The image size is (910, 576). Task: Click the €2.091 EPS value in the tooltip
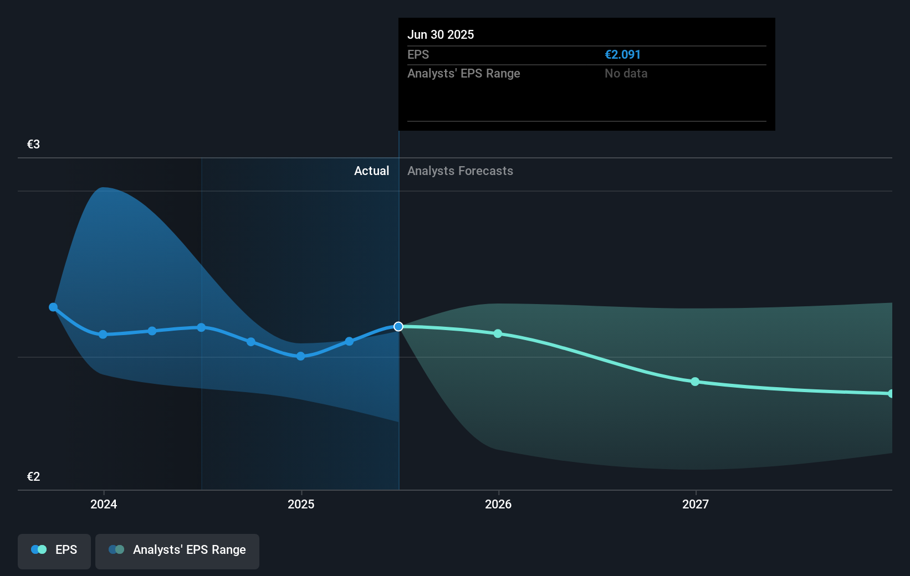pos(622,55)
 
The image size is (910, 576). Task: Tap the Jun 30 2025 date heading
pos(441,35)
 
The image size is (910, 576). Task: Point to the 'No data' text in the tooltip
pos(626,74)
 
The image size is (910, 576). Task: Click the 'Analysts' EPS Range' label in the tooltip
pos(463,74)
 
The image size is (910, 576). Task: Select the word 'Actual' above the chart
pos(371,171)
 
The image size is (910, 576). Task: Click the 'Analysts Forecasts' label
pos(460,171)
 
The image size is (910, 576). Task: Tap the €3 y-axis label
pos(33,145)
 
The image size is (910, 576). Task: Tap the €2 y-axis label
pos(33,477)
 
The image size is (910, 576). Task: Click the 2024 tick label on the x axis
pos(104,505)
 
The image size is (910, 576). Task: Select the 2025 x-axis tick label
pos(301,505)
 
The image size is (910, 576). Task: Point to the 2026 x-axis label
pos(498,505)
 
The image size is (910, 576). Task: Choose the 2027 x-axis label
pos(696,505)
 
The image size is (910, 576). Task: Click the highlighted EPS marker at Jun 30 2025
pos(398,327)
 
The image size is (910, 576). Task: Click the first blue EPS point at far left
pos(53,307)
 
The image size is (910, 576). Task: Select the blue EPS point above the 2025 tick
pos(300,356)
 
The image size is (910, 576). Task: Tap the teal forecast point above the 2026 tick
pos(498,333)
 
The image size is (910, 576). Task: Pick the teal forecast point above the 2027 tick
pos(695,382)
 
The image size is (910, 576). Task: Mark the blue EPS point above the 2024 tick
pos(103,335)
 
